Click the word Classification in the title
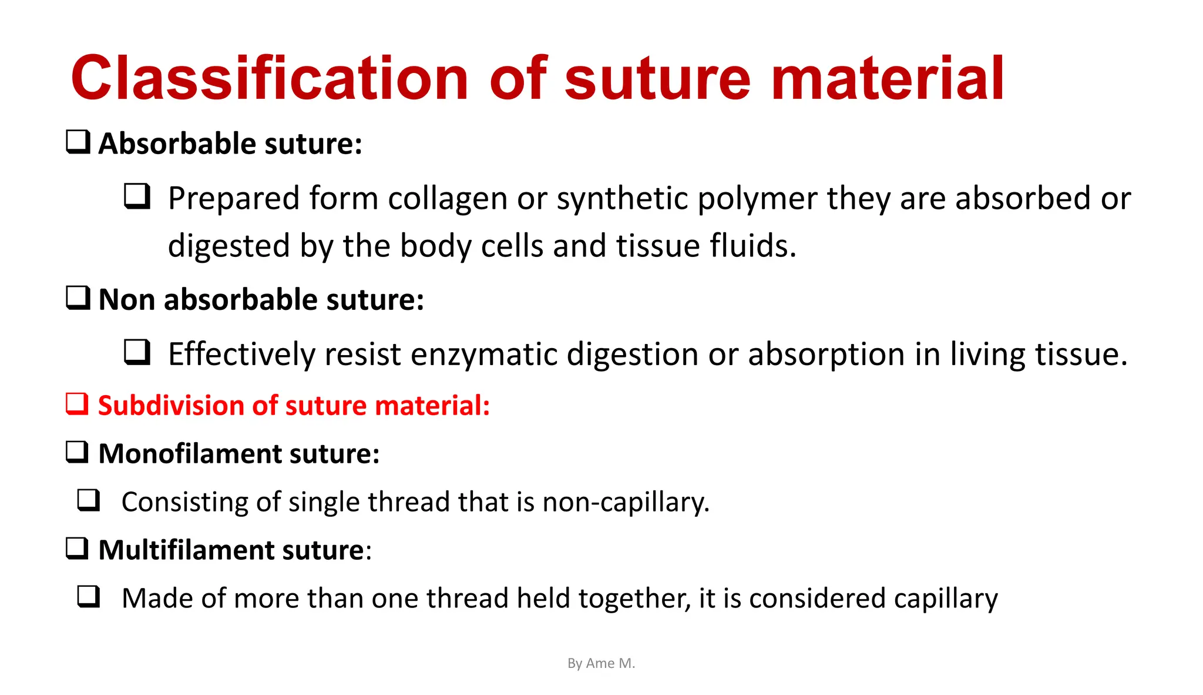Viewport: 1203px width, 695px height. click(x=270, y=78)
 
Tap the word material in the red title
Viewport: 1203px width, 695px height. click(x=888, y=78)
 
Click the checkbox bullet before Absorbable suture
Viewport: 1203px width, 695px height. click(x=78, y=142)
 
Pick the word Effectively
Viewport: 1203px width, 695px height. click(x=241, y=355)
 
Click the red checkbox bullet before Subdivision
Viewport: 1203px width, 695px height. click(x=77, y=404)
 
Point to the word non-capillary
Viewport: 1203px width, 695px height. click(x=626, y=503)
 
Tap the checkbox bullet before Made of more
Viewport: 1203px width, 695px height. click(x=89, y=597)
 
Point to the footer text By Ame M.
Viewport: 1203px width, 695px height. click(x=601, y=663)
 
